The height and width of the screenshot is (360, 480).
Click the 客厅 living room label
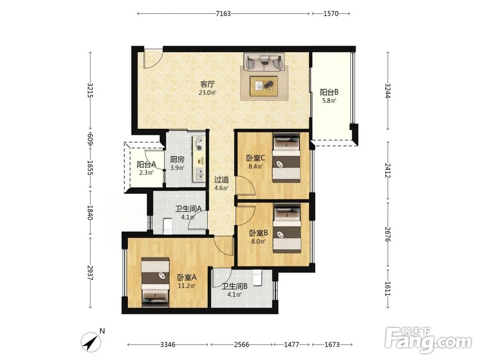pos(207,84)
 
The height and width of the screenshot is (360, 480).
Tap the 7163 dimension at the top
pos(223,13)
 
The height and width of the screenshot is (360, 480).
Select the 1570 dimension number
pos(331,13)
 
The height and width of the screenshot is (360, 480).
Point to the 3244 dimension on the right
pos(387,91)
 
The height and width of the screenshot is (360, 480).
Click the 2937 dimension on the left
pos(90,273)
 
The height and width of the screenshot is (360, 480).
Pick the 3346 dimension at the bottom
pos(168,345)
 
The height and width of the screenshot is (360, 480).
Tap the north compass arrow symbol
pos(91,342)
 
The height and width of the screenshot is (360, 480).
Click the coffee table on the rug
pos(264,86)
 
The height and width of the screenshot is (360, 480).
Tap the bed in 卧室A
pos(155,282)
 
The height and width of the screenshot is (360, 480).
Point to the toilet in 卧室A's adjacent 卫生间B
pos(257,277)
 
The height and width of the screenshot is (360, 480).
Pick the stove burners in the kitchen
pos(199,144)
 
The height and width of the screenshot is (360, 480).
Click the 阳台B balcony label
pos(329,92)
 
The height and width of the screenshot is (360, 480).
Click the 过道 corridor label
pos(221,180)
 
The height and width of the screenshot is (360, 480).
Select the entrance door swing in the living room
pos(153,60)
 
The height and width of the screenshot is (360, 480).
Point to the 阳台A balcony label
pos(146,164)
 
